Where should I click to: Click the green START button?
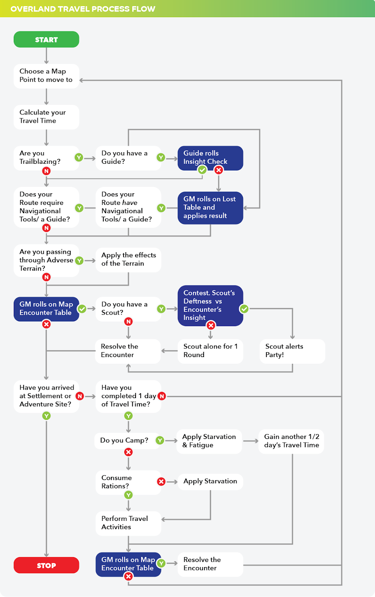tap(46, 40)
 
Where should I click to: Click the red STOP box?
tap(46, 565)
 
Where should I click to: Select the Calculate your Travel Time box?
tap(46, 117)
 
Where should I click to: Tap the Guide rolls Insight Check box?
tap(210, 157)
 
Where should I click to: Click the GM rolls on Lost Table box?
tap(210, 207)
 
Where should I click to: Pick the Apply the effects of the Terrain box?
tap(128, 259)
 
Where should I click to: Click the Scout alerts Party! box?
tap(292, 351)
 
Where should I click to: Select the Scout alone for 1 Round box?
tap(210, 351)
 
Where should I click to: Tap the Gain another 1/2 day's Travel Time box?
tap(291, 441)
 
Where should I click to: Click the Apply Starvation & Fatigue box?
tap(209, 441)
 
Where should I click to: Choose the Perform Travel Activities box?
tap(128, 523)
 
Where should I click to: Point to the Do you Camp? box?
tap(124, 441)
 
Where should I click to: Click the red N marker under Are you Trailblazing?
tap(46, 171)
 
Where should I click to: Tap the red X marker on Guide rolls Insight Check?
tap(219, 170)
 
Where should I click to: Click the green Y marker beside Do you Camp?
tap(160, 441)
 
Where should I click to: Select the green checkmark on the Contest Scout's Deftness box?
tap(244, 309)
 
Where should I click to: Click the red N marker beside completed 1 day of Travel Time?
tap(162, 396)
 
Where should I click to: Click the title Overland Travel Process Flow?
tap(83, 9)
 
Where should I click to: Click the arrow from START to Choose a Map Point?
tap(46, 56)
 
